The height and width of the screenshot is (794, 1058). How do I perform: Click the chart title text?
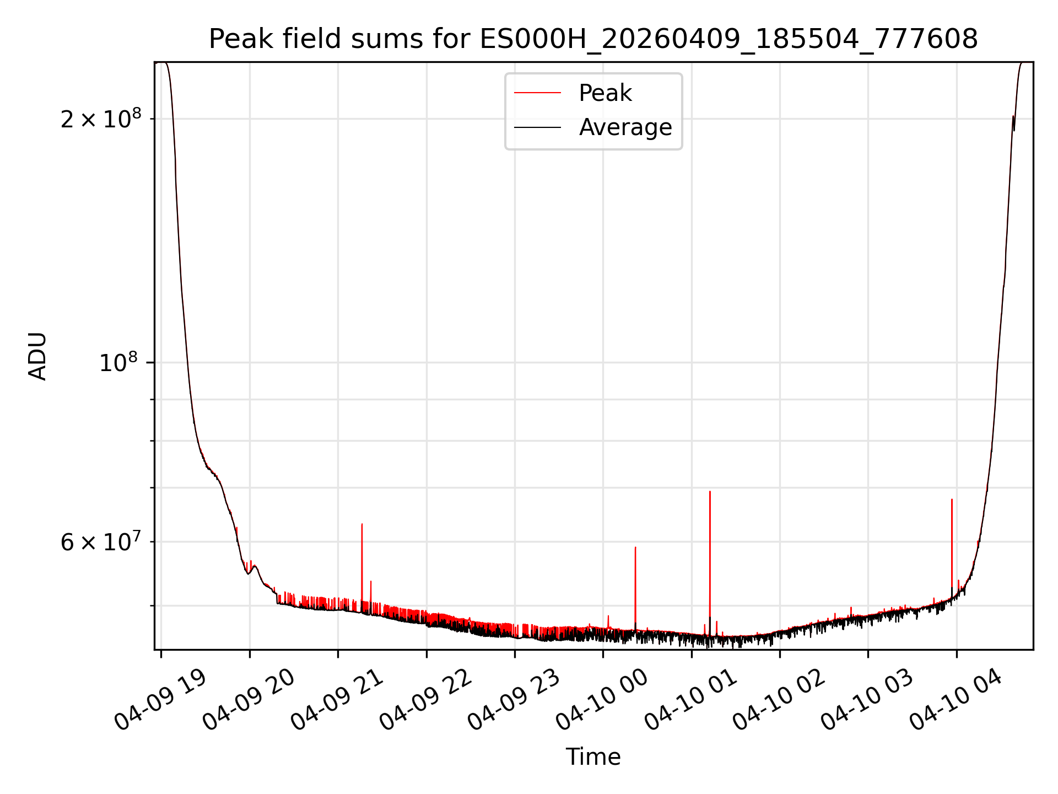point(593,39)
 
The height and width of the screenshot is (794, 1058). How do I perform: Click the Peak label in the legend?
point(605,93)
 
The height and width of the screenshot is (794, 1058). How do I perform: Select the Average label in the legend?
point(625,127)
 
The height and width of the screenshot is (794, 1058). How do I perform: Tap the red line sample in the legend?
point(537,93)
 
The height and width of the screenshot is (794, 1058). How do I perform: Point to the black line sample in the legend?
point(537,127)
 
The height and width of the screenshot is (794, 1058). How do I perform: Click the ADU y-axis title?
point(37,356)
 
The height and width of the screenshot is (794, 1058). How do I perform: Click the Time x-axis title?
point(593,757)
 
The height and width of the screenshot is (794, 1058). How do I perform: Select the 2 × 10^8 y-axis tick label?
point(101,119)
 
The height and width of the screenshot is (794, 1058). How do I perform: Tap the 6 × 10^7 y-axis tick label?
point(101,542)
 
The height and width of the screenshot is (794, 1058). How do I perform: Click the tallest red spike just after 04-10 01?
point(710,492)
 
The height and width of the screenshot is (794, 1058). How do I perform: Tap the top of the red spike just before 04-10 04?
point(952,500)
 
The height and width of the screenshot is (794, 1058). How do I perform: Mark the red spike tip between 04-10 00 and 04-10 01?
point(635,548)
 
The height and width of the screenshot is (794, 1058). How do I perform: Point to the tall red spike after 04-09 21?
point(362,524)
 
